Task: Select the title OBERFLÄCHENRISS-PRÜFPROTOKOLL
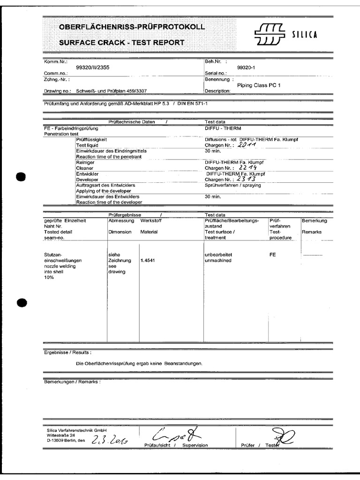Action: click(x=132, y=28)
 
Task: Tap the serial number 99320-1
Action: click(x=246, y=67)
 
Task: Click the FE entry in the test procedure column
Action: click(x=273, y=255)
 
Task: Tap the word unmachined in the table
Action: click(x=218, y=261)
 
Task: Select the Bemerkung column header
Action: click(x=314, y=220)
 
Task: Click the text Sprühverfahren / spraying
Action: click(x=232, y=185)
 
